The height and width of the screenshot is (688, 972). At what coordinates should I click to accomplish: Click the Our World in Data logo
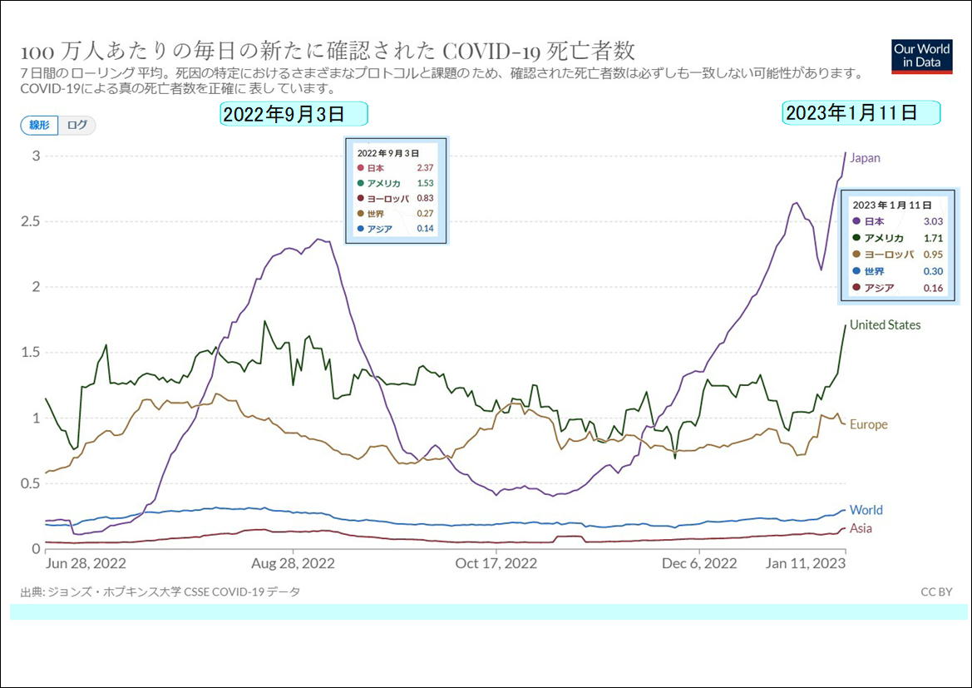(922, 56)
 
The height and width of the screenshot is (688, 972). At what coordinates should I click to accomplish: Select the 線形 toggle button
(39, 125)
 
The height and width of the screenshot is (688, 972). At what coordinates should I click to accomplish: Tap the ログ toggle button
(76, 125)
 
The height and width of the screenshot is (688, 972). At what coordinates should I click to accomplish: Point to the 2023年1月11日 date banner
(861, 113)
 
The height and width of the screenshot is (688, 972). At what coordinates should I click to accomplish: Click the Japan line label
(865, 158)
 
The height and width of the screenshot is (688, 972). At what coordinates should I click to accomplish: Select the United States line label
(885, 325)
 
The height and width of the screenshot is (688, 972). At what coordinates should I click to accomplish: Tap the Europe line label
(868, 424)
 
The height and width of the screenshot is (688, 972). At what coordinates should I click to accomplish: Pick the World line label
(866, 510)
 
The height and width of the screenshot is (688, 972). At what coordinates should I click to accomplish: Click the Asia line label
(861, 528)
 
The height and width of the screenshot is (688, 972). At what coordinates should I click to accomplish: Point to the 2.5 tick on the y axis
(32, 221)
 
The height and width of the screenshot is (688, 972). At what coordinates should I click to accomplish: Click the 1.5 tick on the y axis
(32, 352)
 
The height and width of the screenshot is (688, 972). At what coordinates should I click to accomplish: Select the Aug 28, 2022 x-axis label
(294, 563)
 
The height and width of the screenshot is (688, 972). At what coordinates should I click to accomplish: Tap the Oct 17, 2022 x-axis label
(496, 563)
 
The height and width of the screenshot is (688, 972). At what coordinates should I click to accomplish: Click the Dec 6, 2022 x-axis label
(699, 563)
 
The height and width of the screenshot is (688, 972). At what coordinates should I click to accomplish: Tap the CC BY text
(936, 591)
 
